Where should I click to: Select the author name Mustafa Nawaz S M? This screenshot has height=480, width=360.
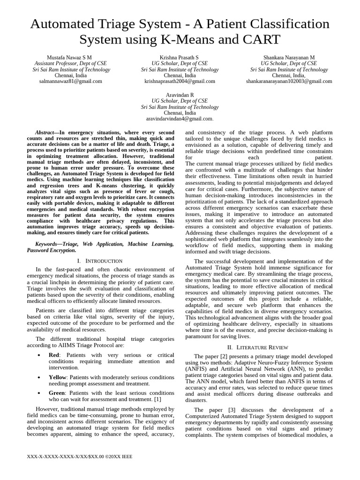(70, 57)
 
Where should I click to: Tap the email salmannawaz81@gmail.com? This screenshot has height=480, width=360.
(70, 81)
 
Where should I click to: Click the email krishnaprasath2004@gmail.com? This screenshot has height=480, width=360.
(180, 81)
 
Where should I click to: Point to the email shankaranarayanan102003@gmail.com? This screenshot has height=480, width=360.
(289, 81)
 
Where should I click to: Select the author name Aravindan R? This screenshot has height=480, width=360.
(180, 95)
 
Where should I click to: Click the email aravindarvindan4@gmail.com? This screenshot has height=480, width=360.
(180, 119)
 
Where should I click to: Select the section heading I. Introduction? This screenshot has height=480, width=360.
(100, 261)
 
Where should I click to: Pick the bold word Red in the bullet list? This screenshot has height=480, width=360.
(54, 355)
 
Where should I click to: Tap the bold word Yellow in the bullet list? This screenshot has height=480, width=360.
(58, 377)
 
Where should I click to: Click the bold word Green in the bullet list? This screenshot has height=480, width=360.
(57, 393)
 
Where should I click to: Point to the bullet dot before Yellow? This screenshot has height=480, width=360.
(38, 377)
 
